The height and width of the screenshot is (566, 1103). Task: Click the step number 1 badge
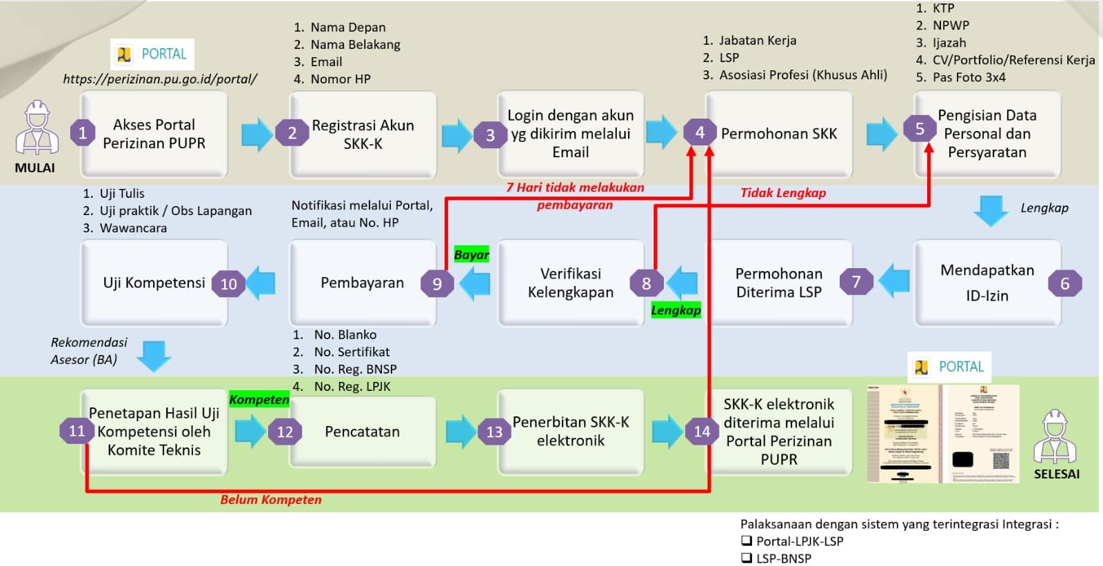tap(83, 132)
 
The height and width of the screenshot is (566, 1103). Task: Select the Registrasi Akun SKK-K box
tap(363, 134)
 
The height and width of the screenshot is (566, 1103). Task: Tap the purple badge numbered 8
tap(646, 283)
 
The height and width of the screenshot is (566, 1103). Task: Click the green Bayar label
tap(472, 254)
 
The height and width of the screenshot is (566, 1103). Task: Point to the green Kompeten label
tap(259, 399)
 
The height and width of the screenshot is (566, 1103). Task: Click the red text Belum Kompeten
tap(271, 500)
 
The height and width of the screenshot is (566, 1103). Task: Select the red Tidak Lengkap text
tap(783, 193)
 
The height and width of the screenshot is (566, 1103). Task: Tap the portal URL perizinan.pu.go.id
tap(160, 79)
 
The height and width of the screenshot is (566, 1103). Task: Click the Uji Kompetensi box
tap(154, 283)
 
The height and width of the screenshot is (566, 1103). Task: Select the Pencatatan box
tap(363, 432)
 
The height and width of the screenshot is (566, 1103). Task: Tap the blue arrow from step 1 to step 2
tap(257, 134)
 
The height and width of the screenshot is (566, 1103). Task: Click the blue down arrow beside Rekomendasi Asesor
tap(154, 356)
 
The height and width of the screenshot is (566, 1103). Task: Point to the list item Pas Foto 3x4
tap(969, 77)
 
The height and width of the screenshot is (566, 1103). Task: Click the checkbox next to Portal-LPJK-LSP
tap(747, 540)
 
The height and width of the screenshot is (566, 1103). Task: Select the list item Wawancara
tap(133, 228)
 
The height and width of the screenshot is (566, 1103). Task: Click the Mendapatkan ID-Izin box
tap(986, 283)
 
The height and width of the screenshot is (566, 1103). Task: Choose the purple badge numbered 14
tap(702, 432)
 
